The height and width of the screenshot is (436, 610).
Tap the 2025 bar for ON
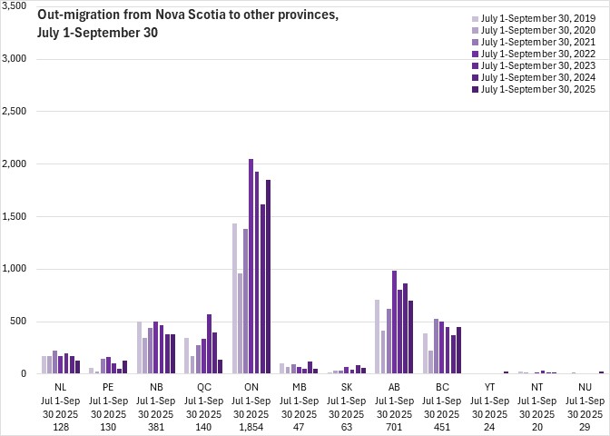(x=268, y=276)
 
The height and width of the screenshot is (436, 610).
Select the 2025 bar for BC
(x=459, y=350)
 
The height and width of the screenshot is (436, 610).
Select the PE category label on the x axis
(x=108, y=387)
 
